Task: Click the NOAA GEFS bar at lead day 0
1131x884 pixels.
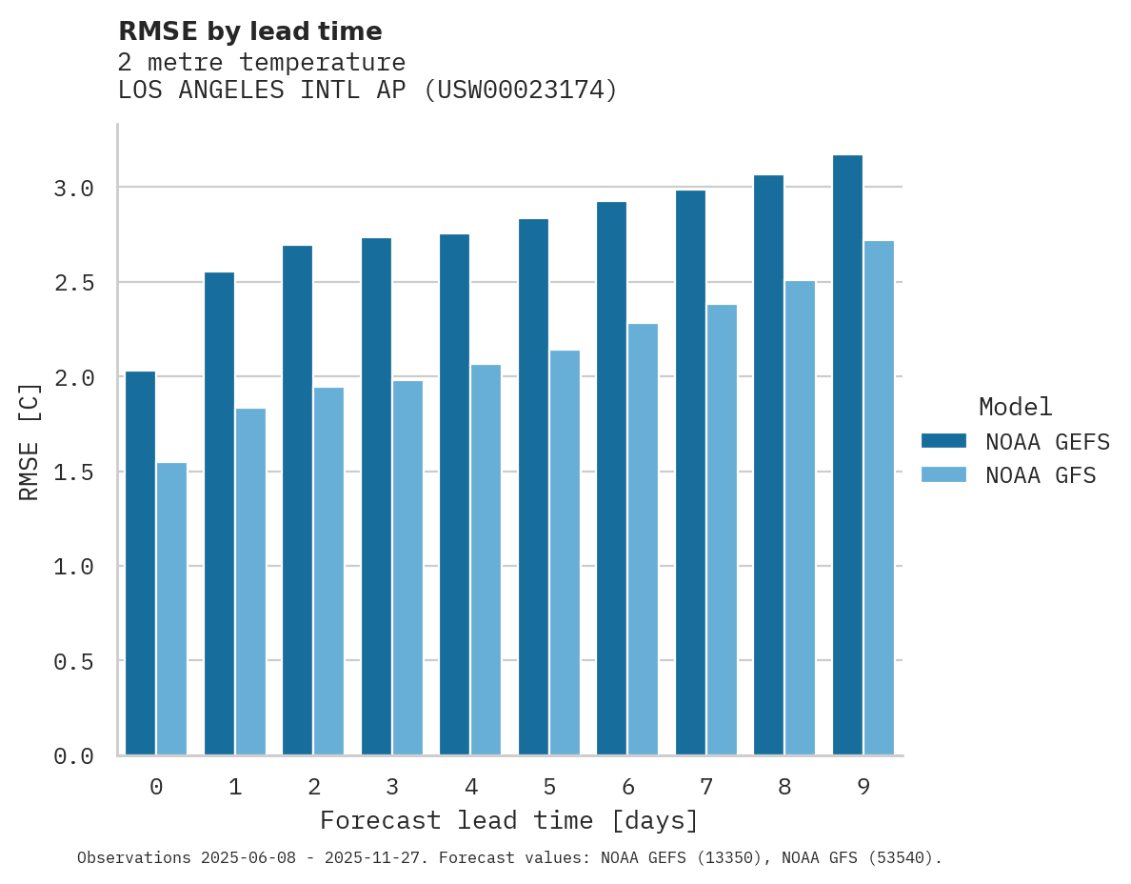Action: [140, 563]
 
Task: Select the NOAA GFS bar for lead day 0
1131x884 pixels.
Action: [171, 609]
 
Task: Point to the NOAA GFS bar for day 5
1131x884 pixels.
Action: [565, 552]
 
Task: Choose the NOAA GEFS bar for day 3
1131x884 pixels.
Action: [376, 496]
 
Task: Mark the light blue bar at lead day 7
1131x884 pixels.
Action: [722, 530]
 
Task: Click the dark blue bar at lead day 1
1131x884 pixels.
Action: [219, 513]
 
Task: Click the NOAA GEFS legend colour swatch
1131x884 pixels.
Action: [943, 441]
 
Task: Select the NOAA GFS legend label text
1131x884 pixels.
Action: [1041, 475]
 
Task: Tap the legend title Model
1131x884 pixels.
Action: [1016, 408]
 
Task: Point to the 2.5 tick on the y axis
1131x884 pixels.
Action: [73, 283]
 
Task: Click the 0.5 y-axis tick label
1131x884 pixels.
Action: [73, 661]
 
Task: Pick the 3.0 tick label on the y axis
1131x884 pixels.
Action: [73, 189]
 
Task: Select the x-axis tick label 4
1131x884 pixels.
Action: [470, 787]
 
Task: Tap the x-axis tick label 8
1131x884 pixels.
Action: [784, 787]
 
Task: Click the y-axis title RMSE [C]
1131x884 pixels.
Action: [30, 441]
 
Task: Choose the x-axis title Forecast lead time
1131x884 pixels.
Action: [509, 821]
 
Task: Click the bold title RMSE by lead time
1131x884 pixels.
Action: [250, 31]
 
